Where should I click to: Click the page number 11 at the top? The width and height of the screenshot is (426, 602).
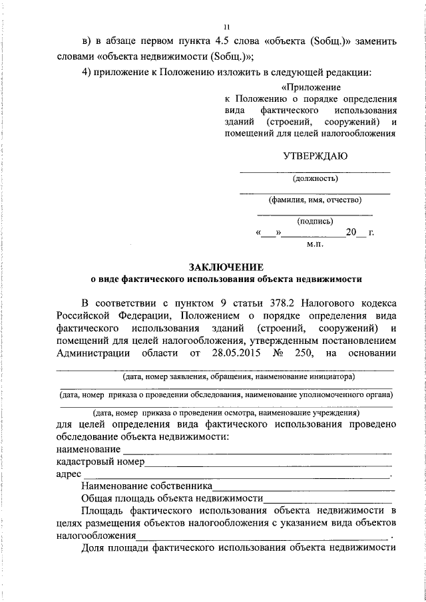point(226,27)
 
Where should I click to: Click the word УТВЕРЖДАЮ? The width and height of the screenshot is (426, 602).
point(315,156)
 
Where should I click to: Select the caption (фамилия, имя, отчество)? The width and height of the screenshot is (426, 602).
point(315,200)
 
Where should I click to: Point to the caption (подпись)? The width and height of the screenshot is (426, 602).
point(315,221)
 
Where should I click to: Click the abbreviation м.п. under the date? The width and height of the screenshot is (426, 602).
point(315,245)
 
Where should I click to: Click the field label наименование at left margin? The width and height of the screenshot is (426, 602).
point(83,451)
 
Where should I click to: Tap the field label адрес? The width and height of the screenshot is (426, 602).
point(67,475)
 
